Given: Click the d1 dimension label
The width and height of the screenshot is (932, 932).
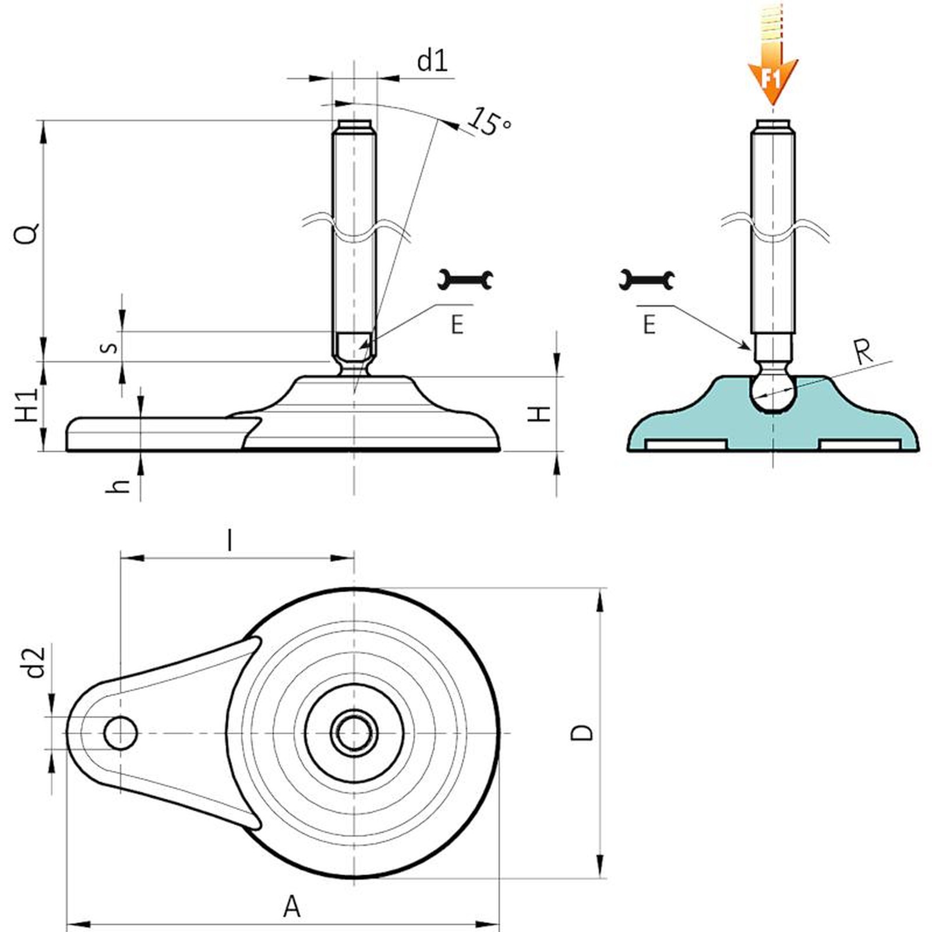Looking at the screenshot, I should [432, 61].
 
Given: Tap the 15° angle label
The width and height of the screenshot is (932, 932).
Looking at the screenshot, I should [490, 121].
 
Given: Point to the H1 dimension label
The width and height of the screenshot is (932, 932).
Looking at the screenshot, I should [27, 405].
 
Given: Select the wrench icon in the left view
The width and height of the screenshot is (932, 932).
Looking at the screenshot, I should [465, 280].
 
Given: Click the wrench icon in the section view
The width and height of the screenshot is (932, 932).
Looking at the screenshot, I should [647, 280].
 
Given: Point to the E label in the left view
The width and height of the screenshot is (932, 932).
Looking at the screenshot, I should [457, 324].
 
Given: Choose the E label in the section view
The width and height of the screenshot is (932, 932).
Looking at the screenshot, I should [649, 324].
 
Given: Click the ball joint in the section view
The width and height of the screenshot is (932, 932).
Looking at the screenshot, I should [772, 391].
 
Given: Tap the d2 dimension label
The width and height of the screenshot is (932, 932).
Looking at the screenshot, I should [36, 662].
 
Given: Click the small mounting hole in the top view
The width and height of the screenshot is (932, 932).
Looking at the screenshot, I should [121, 733].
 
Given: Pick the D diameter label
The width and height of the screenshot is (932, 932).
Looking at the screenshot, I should [581, 732].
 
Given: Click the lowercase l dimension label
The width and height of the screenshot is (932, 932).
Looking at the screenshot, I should [231, 540].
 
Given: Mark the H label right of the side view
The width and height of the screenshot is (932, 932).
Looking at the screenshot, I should [539, 414].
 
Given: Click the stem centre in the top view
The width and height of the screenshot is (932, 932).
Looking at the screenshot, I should [354, 733].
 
